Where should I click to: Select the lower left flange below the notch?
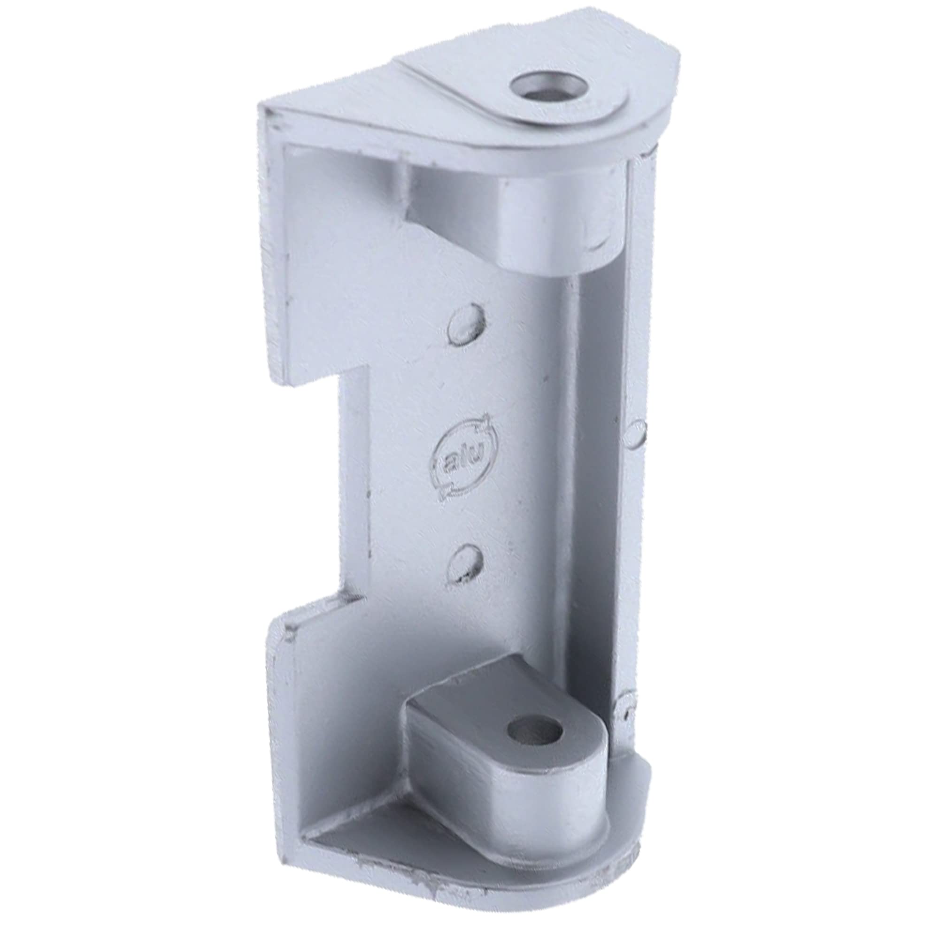click(282, 729)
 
